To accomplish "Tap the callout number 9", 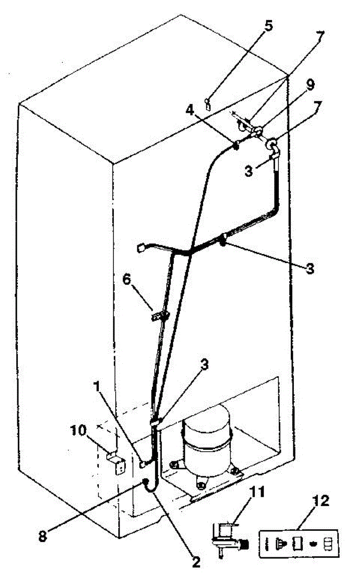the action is pyautogui.click(x=311, y=85).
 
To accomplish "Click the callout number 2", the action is pyautogui.click(x=196, y=560).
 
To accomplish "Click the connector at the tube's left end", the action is pyautogui.click(x=142, y=248).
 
